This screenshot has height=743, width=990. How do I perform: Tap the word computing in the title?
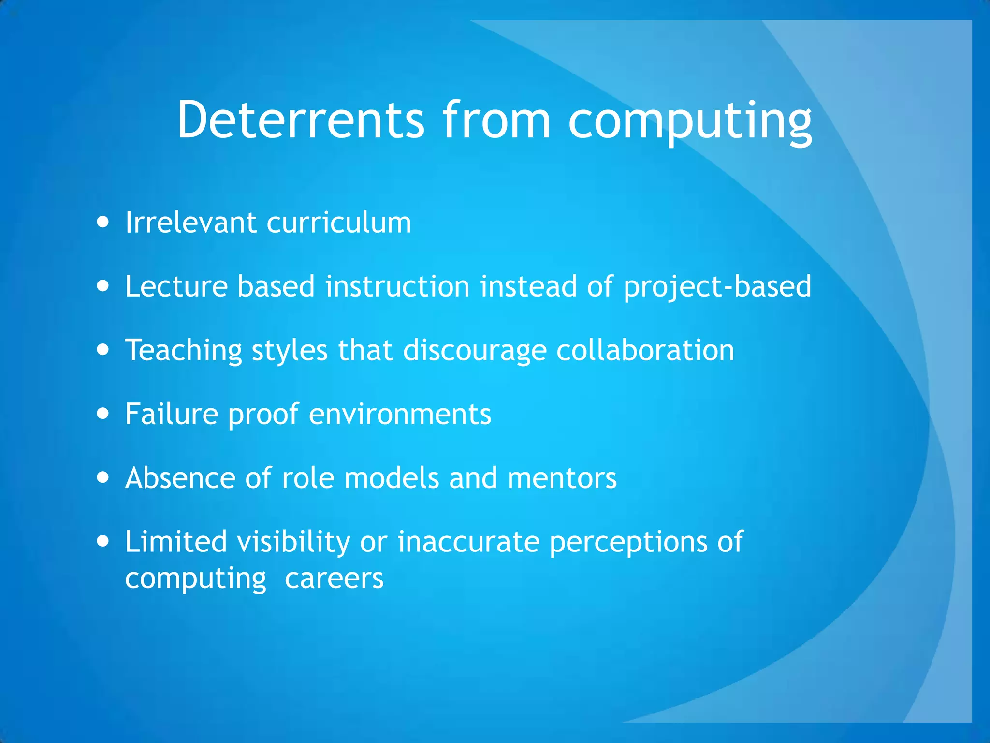[x=690, y=121]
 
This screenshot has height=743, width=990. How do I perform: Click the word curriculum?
[x=338, y=223]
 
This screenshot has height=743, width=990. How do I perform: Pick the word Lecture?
[x=176, y=286]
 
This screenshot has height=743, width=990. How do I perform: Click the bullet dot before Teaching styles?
[x=102, y=350]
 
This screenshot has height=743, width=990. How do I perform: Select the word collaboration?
[x=645, y=350]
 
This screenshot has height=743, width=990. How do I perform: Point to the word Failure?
[x=172, y=414]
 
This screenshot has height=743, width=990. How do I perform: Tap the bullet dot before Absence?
[x=102, y=478]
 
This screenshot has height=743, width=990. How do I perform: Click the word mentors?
[x=562, y=478]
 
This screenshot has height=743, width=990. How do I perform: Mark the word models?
[x=392, y=478]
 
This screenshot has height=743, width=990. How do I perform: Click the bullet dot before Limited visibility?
[x=102, y=541]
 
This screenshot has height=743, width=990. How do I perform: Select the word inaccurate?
[x=468, y=541]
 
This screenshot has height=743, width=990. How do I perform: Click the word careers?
[x=334, y=579]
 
